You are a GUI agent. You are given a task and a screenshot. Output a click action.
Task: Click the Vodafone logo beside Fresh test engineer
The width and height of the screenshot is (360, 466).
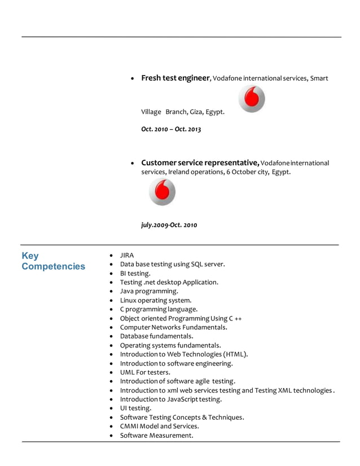252,99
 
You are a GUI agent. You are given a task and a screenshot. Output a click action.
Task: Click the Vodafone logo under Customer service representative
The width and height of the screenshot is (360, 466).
163,192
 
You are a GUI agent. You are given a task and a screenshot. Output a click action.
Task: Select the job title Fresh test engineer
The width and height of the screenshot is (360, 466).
175,78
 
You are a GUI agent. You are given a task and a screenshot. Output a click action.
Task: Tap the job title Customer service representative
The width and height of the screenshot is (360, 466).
200,162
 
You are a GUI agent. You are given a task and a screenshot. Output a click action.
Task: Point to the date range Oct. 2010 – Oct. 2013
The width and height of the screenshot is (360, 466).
171,129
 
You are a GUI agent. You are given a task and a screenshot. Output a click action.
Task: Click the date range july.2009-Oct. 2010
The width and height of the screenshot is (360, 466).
169,225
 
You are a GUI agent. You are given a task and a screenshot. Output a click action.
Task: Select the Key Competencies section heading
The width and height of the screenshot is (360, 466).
53,261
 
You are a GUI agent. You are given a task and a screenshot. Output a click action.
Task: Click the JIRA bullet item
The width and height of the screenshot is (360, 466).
127,255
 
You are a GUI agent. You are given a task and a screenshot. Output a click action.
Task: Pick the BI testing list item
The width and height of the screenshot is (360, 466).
135,273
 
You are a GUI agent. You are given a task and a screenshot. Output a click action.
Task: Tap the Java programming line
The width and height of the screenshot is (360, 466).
149,291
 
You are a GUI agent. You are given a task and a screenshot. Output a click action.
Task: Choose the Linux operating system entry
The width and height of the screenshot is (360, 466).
156,300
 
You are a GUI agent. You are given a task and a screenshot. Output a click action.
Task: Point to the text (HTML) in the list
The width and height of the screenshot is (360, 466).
236,354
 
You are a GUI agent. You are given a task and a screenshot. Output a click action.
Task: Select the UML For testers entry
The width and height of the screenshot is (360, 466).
145,372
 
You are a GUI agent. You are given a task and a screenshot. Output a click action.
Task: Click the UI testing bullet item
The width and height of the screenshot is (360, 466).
135,408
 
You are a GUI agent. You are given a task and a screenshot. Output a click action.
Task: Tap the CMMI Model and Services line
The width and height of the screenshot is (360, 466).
159,426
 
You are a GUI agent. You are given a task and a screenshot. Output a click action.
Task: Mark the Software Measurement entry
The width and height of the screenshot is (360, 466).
156,435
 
